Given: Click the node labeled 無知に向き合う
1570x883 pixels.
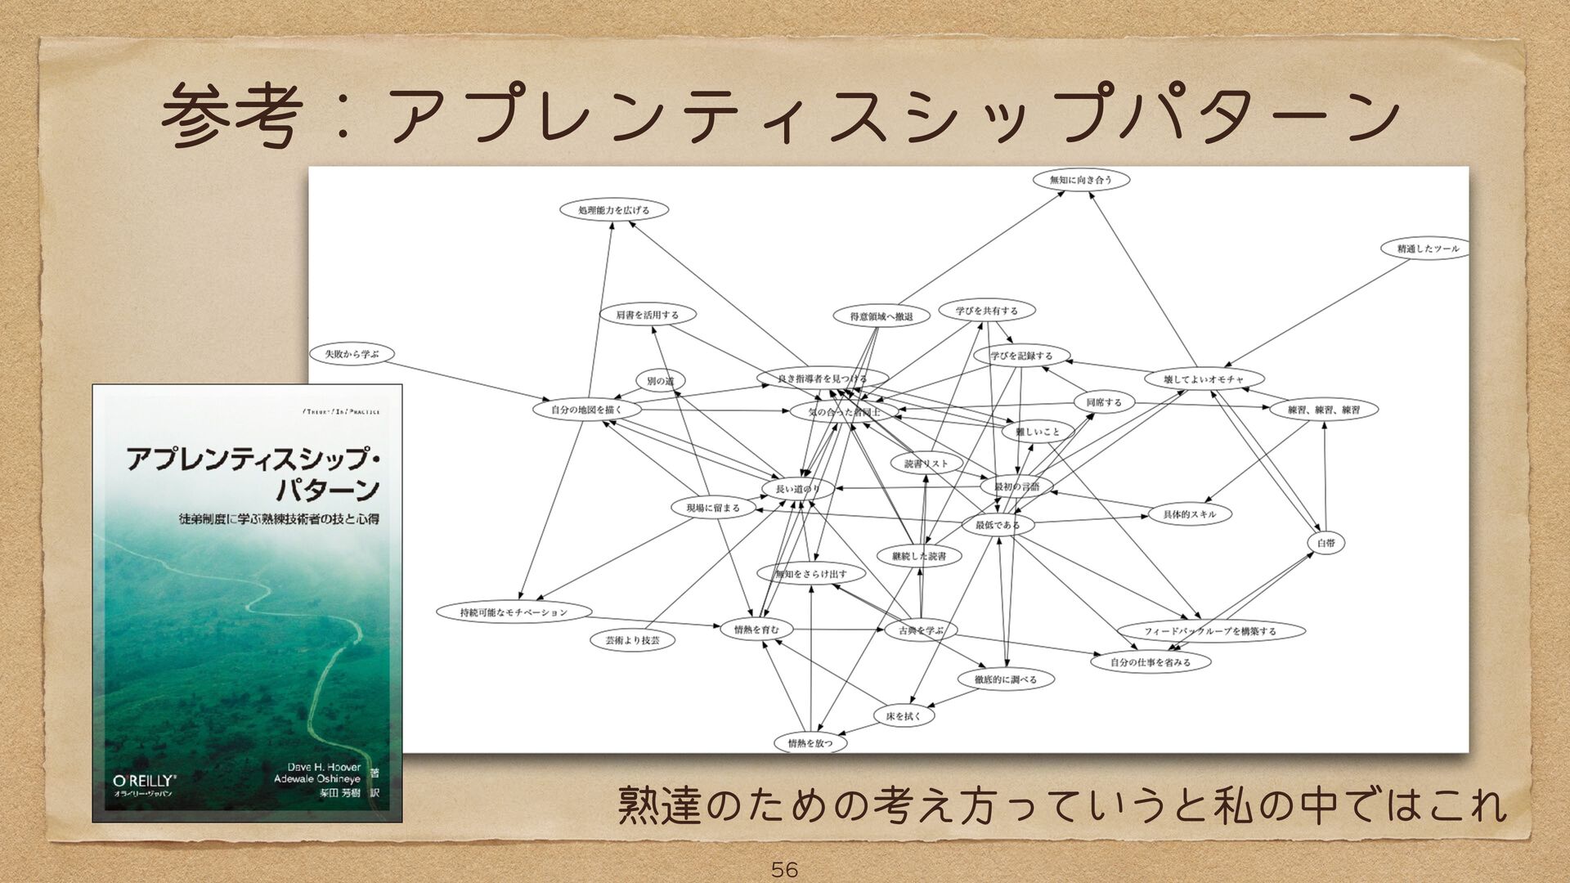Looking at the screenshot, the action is pyautogui.click(x=1080, y=179).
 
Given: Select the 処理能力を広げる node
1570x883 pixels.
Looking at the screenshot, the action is pyautogui.click(x=614, y=210).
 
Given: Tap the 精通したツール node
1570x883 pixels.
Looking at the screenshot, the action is pyautogui.click(x=1427, y=249).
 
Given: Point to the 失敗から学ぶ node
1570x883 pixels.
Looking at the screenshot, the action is pyautogui.click(x=352, y=354).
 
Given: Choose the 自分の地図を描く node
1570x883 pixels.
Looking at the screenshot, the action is pyautogui.click(x=586, y=410).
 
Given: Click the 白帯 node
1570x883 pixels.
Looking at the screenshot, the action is pyautogui.click(x=1326, y=543).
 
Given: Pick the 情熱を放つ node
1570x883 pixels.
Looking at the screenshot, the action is pyautogui.click(x=810, y=743).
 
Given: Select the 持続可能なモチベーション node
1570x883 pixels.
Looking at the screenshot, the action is pyautogui.click(x=514, y=612).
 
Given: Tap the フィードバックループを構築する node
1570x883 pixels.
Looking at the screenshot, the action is pyautogui.click(x=1209, y=631).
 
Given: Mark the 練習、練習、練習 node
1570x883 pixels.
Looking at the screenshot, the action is pyautogui.click(x=1323, y=410).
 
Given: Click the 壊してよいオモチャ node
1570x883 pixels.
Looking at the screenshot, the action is pyautogui.click(x=1203, y=379).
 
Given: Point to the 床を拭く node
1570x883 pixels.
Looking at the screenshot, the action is pyautogui.click(x=904, y=716).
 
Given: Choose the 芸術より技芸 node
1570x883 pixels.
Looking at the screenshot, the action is pyautogui.click(x=632, y=640).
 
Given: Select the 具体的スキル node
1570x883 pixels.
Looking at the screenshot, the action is pyautogui.click(x=1189, y=514).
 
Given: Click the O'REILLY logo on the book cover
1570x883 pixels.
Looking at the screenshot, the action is pyautogui.click(x=145, y=781).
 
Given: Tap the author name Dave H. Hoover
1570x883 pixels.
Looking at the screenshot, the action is pyautogui.click(x=324, y=767).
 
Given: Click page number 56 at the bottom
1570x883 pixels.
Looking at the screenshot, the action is pyautogui.click(x=784, y=869).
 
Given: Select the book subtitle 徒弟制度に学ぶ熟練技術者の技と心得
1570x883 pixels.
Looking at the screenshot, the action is pyautogui.click(x=279, y=518).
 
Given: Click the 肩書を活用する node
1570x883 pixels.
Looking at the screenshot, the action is pyautogui.click(x=647, y=315).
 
